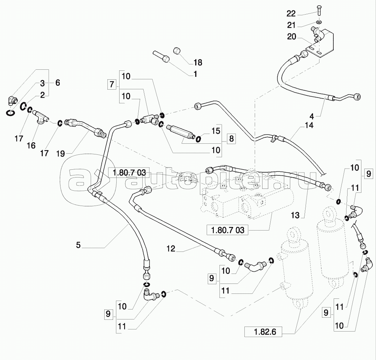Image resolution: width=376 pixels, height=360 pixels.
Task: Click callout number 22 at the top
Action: (291, 14)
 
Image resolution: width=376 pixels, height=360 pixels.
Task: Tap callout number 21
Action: (291, 25)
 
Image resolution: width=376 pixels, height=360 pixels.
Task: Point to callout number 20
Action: (292, 37)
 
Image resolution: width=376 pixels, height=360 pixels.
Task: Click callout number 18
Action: (198, 62)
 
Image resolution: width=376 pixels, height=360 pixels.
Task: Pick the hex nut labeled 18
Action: (177, 51)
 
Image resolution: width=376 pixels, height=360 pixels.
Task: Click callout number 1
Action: (195, 74)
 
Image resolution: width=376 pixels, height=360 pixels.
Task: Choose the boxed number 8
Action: (232, 139)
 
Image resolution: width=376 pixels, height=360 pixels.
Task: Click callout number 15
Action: (216, 131)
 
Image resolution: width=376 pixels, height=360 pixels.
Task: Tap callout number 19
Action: (61, 154)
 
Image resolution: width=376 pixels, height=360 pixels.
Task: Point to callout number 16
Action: (31, 145)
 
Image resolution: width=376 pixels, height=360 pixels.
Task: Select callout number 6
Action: (58, 83)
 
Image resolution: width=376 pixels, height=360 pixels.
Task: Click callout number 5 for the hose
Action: (78, 245)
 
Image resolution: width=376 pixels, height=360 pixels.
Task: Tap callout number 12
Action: (171, 248)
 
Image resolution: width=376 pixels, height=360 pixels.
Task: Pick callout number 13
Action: (295, 215)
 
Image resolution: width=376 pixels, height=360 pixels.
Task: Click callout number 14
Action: (309, 125)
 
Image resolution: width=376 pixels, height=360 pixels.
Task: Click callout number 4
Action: (312, 117)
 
